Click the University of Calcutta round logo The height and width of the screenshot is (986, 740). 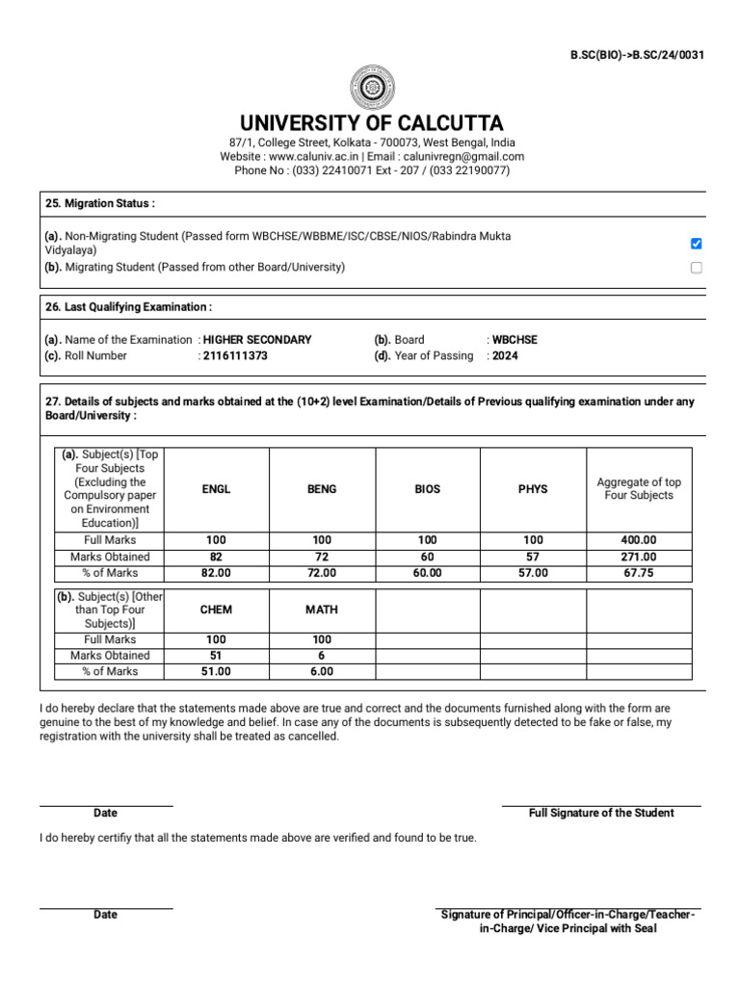[371, 86]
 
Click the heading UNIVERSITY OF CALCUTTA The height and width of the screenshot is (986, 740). [371, 123]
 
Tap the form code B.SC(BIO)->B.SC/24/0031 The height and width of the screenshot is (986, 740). [637, 55]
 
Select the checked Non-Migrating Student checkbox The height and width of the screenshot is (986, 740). [697, 244]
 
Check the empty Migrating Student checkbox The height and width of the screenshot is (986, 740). [697, 268]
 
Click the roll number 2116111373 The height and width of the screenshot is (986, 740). [235, 355]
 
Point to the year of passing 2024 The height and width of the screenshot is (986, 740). [504, 355]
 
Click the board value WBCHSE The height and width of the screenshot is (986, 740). [515, 340]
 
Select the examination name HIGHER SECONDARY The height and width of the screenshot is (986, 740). [257, 340]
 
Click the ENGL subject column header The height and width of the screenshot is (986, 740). [216, 489]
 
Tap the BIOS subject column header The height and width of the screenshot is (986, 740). [427, 489]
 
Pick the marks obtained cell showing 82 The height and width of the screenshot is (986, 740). [216, 557]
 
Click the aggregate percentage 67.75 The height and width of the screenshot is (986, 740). [639, 573]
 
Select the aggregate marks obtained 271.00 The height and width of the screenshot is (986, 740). [639, 557]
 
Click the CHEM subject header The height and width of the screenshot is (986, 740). [216, 610]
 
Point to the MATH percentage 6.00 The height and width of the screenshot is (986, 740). [322, 672]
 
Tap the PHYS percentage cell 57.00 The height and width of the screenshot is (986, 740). [533, 573]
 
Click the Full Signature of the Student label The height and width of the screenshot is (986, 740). [601, 813]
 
